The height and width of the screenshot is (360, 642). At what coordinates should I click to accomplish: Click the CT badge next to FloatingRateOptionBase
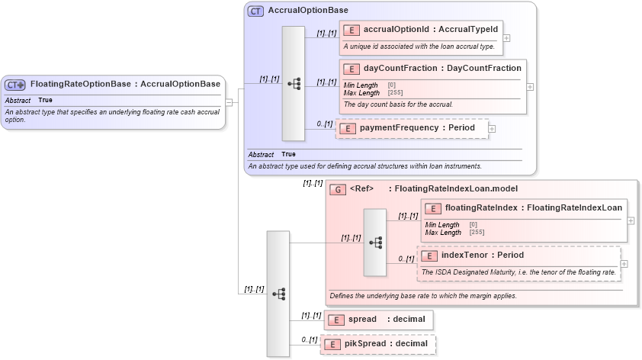[15, 85]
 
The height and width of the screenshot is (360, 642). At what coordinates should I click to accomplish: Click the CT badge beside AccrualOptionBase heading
[255, 11]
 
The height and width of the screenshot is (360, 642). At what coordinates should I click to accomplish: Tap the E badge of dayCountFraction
[351, 69]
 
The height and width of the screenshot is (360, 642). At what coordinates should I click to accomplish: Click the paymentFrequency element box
[411, 128]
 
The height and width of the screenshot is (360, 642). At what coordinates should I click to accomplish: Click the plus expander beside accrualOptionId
[507, 37]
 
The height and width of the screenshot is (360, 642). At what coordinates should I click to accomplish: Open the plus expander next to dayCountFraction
[531, 87]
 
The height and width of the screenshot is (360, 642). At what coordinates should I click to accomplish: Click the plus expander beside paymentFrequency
[492, 128]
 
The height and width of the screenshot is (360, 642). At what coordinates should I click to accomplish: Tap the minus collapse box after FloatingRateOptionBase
[228, 103]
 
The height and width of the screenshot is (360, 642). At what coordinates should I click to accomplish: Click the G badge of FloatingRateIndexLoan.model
[338, 189]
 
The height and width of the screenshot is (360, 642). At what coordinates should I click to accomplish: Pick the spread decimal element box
[379, 320]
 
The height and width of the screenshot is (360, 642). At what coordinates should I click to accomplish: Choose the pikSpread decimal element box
[377, 344]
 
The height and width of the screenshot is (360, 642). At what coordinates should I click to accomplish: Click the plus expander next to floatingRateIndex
[631, 220]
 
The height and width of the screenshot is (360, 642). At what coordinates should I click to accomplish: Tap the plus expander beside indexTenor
[624, 264]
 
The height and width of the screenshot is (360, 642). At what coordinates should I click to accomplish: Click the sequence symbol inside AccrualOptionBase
[294, 84]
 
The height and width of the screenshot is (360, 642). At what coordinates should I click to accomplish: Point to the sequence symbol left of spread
[278, 294]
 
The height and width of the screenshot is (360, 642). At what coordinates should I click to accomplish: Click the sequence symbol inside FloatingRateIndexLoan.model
[375, 242]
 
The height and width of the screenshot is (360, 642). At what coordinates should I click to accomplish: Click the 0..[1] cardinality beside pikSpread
[309, 339]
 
